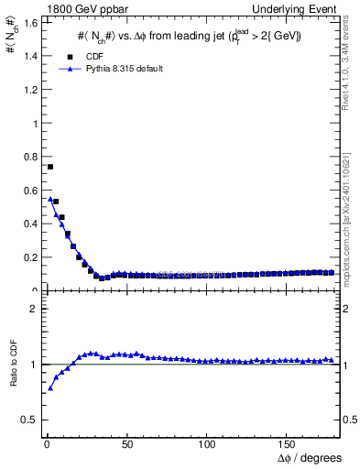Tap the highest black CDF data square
coord(50,167)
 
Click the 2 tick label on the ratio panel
coord(31,309)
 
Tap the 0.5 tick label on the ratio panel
coord(27,420)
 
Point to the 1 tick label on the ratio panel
coord(31,365)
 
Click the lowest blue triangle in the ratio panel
coord(50,388)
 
